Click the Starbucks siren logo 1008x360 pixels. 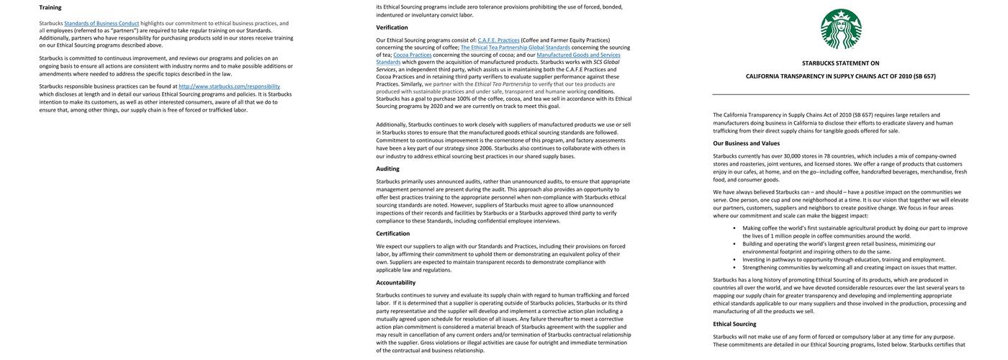[x=841, y=29]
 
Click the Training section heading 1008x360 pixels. [x=50, y=7]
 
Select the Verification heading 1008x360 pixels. [x=392, y=27]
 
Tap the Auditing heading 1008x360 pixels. [x=387, y=168]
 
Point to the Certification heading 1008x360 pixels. [x=392, y=233]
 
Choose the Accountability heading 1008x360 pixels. [x=395, y=282]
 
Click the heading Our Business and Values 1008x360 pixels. [x=746, y=143]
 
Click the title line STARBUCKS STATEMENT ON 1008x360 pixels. [x=840, y=63]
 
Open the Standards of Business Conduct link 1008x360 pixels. [x=102, y=23]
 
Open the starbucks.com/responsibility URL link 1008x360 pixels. [x=229, y=86]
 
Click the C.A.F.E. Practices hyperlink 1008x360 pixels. [x=498, y=40]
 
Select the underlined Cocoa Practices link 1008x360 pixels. [x=412, y=55]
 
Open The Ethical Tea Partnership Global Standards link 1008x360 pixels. [x=515, y=48]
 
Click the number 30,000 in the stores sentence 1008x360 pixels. [x=791, y=156]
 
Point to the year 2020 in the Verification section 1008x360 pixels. [x=436, y=106]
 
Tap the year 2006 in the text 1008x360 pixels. [x=487, y=148]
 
